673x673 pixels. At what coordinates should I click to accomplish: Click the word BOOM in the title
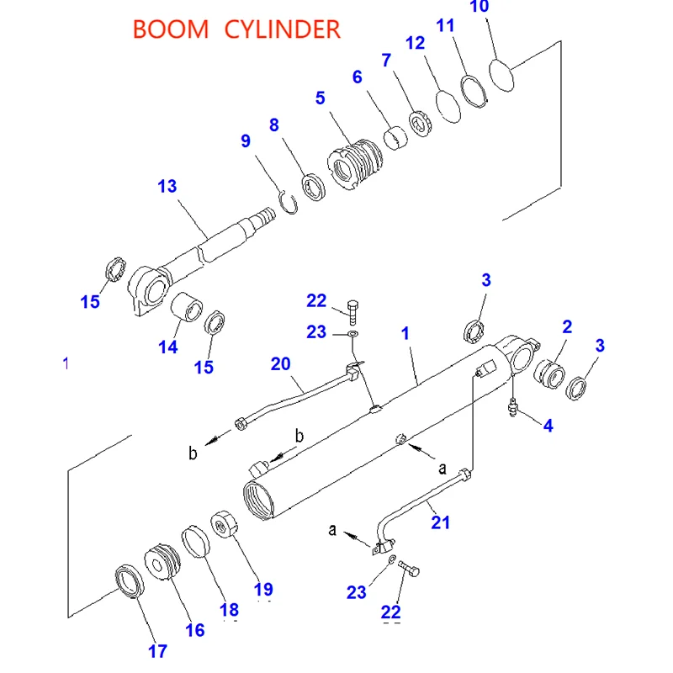[x=171, y=29]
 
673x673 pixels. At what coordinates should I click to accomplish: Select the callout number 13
[x=167, y=186]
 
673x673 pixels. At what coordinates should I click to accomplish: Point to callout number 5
[x=320, y=98]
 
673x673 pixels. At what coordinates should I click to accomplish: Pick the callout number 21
[x=441, y=522]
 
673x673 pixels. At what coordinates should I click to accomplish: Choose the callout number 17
[x=157, y=650]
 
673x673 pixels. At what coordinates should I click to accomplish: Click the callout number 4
[x=548, y=426]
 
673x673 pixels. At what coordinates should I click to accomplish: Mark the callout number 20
[x=280, y=364]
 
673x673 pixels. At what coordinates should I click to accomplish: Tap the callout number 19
[x=263, y=590]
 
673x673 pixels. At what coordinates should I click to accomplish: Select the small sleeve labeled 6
[x=395, y=136]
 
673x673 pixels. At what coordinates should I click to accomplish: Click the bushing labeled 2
[x=549, y=372]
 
